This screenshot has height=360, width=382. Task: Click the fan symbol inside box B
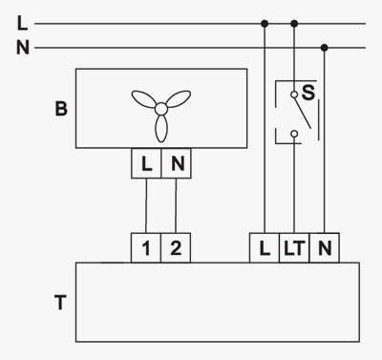coord(161,109)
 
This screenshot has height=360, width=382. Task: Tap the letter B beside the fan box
coord(61,109)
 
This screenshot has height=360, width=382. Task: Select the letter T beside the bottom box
coord(60,303)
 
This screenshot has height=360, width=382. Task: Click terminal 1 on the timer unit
coord(146,248)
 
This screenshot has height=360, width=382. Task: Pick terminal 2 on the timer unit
coord(176,248)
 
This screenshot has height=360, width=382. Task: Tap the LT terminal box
coord(294,248)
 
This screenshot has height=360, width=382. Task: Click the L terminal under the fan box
coord(146,163)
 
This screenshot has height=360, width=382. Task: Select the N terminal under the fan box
coord(177,163)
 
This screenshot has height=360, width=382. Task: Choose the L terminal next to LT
coord(265,248)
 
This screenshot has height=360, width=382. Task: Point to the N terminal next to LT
coord(324,248)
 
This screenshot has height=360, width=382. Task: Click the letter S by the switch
coord(308,93)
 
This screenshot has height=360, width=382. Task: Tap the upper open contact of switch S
coord(294,95)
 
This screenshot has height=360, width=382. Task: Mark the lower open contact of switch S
coord(294,134)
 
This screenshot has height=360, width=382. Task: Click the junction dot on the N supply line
coord(325,48)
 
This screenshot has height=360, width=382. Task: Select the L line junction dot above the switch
coord(294,23)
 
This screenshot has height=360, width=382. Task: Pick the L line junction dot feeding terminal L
coord(265,23)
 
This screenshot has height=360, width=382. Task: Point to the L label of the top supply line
coord(22,23)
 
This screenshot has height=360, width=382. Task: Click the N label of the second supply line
coord(23,48)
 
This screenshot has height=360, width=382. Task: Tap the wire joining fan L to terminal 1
coord(146,205)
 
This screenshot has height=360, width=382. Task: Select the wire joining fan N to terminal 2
coord(176,205)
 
